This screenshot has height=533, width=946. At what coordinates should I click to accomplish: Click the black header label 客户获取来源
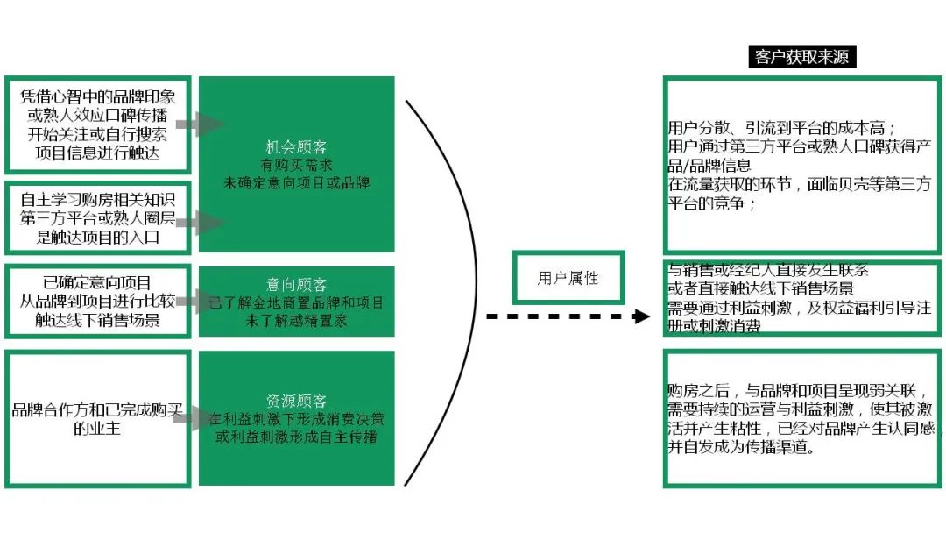[803, 58]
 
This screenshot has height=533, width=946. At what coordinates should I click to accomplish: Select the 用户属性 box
[568, 279]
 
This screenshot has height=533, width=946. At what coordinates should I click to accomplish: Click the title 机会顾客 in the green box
[296, 147]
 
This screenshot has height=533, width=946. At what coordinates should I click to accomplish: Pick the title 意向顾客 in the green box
[296, 286]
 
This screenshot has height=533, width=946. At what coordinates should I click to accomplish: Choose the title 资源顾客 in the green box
[296, 402]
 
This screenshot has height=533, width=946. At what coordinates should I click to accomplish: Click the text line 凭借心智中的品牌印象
[97, 98]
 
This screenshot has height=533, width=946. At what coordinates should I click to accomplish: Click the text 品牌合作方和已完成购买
[97, 410]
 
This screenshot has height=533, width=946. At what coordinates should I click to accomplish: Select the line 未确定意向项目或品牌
[296, 182]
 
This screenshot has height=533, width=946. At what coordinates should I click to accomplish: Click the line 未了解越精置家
[296, 321]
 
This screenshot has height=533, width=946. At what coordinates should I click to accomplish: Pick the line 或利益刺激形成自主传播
[296, 436]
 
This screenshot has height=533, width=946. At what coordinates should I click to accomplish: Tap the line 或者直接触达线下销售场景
[760, 288]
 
